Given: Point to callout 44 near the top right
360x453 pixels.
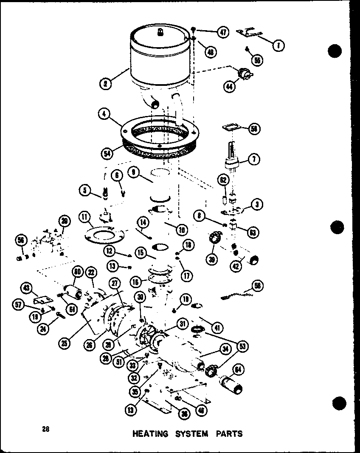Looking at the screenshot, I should pyautogui.click(x=230, y=86).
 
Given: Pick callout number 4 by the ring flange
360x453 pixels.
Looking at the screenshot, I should pyautogui.click(x=104, y=113).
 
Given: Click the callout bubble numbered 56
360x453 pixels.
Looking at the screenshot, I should pyautogui.click(x=20, y=240).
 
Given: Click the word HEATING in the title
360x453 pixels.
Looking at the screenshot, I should pyautogui.click(x=150, y=434).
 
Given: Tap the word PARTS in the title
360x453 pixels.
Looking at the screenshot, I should pyautogui.click(x=229, y=434).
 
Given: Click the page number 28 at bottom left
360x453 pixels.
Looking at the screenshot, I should pyautogui.click(x=45, y=429).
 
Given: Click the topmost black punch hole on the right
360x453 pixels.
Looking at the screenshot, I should pyautogui.click(x=335, y=51).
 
